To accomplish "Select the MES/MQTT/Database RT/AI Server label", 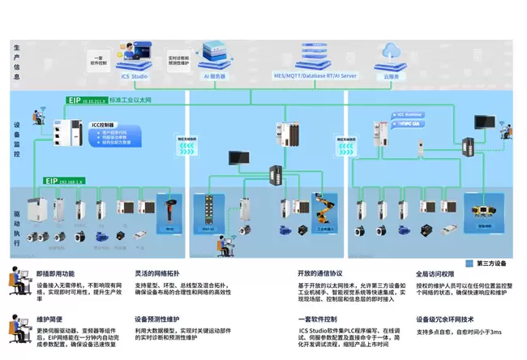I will pyautogui.click(x=315, y=75).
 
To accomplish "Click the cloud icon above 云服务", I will pyautogui.click(x=389, y=51).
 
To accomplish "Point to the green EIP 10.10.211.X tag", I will pyautogui.click(x=86, y=101).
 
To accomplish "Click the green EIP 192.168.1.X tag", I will pyautogui.click(x=65, y=182).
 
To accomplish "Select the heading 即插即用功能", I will pyautogui.click(x=55, y=274).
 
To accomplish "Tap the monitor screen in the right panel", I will pyautogui.click(x=485, y=122).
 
